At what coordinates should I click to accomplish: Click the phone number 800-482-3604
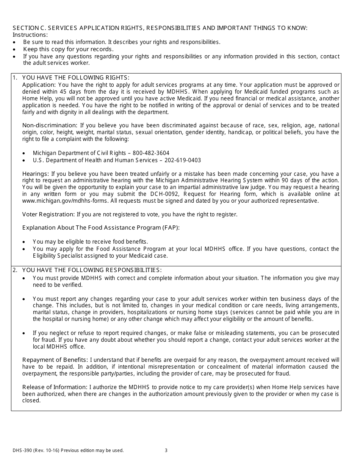(152, 153)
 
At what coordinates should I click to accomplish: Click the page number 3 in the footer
(166, 450)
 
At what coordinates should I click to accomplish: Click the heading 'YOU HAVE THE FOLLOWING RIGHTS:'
(76, 78)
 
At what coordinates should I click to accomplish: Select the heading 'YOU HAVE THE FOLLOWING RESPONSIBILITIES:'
(92, 270)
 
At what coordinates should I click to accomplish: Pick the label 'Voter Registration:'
(49, 214)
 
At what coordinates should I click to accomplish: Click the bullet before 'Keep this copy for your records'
(14, 50)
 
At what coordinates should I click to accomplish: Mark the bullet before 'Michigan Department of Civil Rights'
(24, 153)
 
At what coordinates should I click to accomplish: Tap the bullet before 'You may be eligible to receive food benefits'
(24, 242)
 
